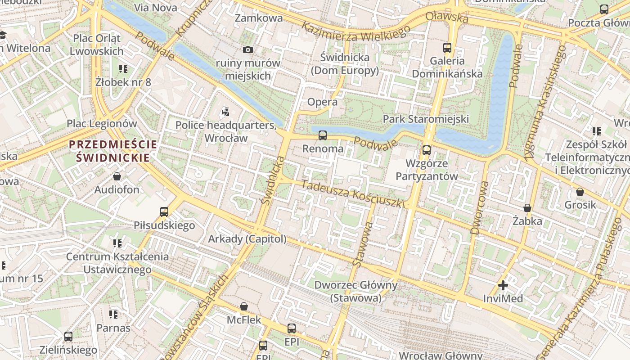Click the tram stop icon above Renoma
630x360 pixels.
pos(322,135)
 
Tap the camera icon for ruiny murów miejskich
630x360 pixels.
pos(247,49)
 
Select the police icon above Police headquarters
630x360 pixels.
pos(226,112)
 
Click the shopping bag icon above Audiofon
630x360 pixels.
pos(117,176)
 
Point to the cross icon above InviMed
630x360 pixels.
pos(503,285)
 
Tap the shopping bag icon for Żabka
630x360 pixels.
pos(527,208)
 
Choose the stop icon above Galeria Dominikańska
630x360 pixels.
pos(447,47)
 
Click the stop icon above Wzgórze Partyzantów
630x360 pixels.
pos(426,150)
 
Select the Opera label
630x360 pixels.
pos(322,102)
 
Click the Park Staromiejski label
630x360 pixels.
pos(425,119)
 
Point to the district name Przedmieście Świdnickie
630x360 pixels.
pos(113,151)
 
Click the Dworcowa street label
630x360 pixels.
pos(479,208)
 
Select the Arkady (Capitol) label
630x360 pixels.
pos(247,239)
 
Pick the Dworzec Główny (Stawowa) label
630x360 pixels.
pos(355,291)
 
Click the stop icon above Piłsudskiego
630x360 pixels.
pos(164,211)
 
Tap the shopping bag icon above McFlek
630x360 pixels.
pos(243,306)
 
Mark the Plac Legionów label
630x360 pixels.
pos(102,123)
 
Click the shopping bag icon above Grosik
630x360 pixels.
pos(580,192)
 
